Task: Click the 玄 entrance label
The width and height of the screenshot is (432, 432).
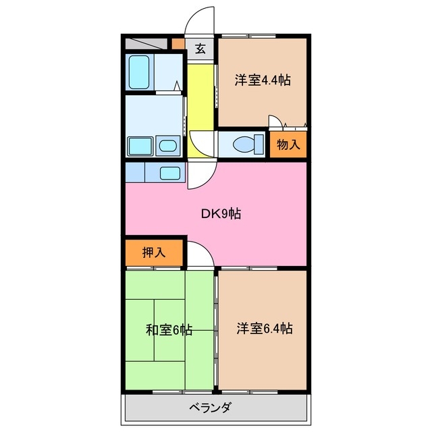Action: (200, 48)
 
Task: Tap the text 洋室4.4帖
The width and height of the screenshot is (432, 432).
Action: (263, 80)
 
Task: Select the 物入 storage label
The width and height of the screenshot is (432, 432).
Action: (288, 144)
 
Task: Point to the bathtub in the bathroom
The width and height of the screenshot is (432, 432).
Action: (142, 72)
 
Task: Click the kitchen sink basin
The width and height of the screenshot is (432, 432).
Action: (169, 172)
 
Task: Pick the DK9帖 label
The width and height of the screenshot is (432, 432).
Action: (221, 215)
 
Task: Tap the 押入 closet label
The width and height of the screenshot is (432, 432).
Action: (154, 253)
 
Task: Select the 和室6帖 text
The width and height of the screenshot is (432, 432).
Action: (169, 330)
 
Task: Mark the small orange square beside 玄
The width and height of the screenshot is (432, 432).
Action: (178, 45)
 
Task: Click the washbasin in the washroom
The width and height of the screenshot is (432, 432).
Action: (167, 145)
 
